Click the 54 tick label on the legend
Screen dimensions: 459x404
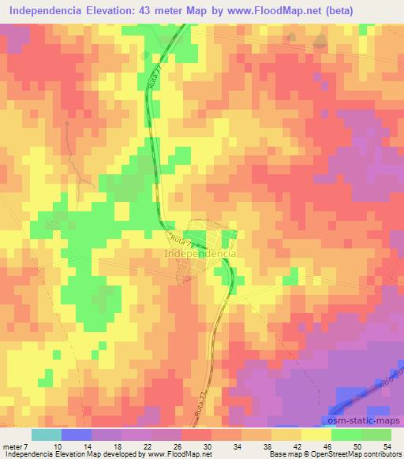click(x=387, y=446)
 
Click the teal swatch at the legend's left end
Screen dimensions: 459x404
click(x=46, y=435)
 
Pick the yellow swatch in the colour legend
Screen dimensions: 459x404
click(x=316, y=435)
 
